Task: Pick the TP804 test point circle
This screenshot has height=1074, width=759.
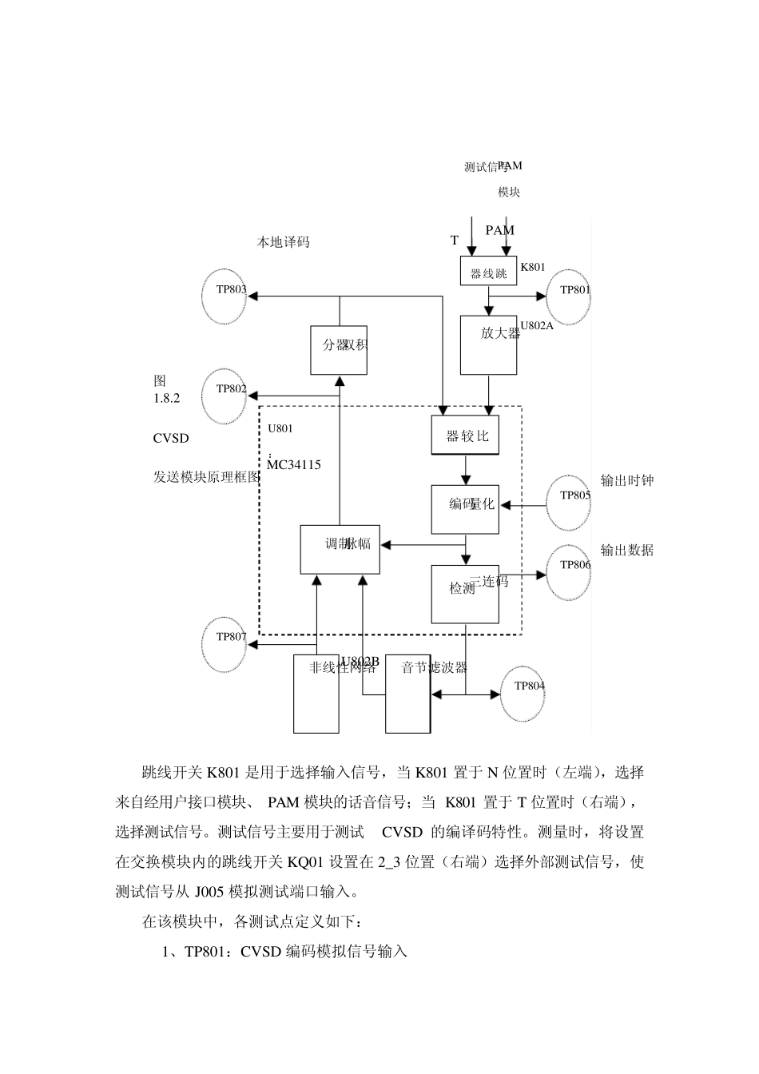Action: tap(523, 692)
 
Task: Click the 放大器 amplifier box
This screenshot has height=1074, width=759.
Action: tap(488, 344)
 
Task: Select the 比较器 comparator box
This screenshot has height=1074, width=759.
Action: tap(465, 436)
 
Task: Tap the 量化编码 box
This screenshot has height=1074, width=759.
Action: tap(465, 509)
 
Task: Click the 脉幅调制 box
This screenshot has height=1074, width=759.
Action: tap(340, 549)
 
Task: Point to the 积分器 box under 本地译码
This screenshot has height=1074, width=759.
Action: tap(339, 350)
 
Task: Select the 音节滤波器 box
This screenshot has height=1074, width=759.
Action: tap(407, 694)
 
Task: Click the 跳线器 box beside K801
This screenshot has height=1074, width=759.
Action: tap(488, 272)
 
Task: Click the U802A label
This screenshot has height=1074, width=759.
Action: tap(537, 325)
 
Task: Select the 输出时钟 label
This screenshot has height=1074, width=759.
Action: tap(627, 480)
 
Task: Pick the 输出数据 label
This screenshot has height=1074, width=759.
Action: tap(627, 550)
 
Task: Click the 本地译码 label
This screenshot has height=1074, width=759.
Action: tap(283, 241)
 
